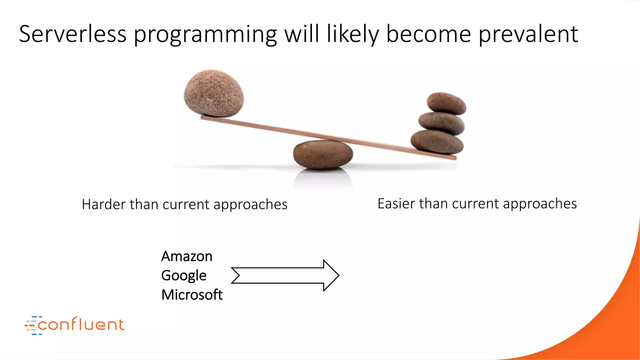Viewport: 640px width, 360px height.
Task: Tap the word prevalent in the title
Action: [x=528, y=34]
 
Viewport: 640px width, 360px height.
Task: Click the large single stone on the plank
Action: [x=214, y=93]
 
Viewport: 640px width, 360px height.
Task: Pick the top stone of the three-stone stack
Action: [x=446, y=103]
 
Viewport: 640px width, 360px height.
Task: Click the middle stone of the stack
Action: [x=441, y=123]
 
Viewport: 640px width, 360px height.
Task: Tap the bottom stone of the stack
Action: [x=437, y=142]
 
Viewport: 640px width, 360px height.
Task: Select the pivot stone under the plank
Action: [x=323, y=155]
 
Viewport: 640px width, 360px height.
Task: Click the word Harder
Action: [x=103, y=205]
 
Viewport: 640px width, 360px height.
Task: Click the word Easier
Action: [x=396, y=204]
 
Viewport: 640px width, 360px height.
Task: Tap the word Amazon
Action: [x=187, y=257]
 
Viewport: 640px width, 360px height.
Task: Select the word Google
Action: [x=184, y=276]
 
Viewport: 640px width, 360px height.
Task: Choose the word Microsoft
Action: [x=192, y=295]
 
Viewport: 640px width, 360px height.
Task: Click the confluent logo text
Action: [x=81, y=325]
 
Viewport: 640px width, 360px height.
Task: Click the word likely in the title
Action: [x=353, y=34]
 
